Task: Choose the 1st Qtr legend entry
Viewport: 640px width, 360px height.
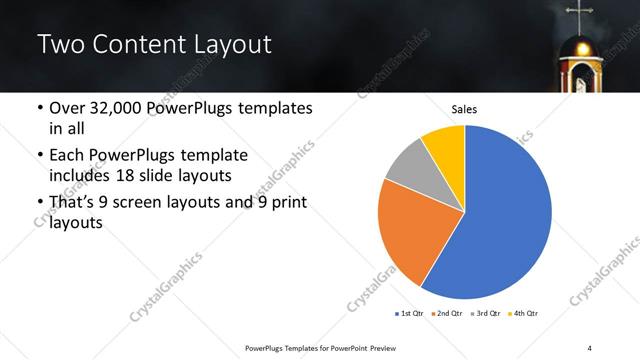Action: coord(410,313)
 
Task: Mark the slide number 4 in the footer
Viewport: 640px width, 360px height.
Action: coord(589,347)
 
